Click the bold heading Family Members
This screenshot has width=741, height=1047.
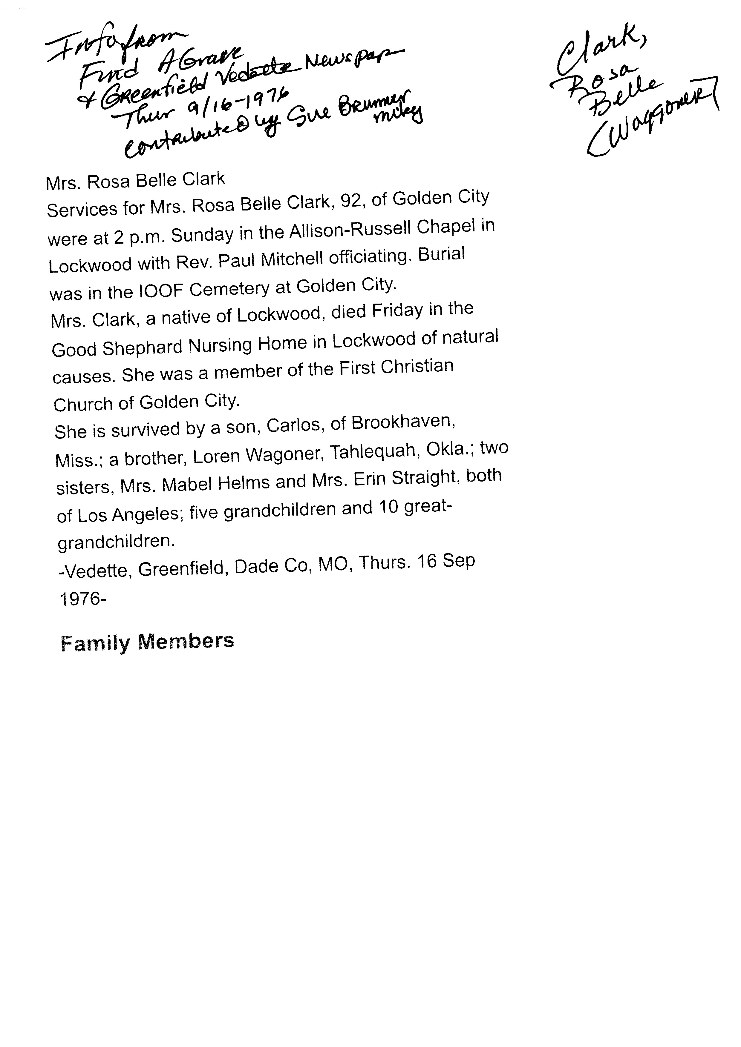(x=147, y=642)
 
